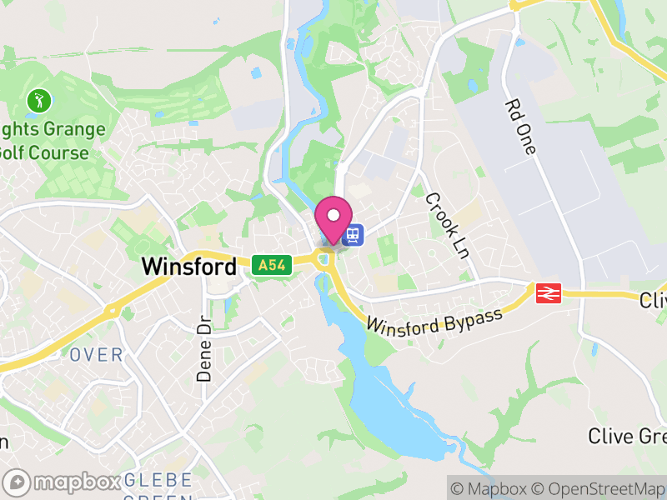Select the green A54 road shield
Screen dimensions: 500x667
pyautogui.click(x=271, y=266)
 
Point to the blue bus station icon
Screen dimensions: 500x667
pyautogui.click(x=354, y=236)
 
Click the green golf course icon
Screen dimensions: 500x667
pyautogui.click(x=38, y=102)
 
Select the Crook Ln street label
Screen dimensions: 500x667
pyautogui.click(x=446, y=225)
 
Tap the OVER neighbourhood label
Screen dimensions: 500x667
pyautogui.click(x=96, y=355)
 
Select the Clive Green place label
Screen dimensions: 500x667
pyautogui.click(x=626, y=435)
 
